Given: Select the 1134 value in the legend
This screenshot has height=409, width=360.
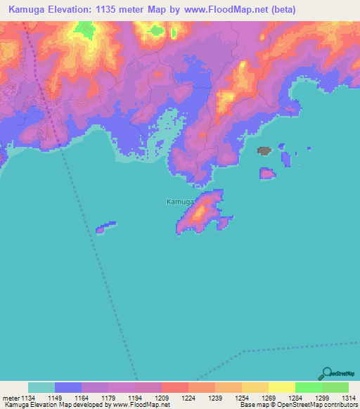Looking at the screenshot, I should click(27, 397).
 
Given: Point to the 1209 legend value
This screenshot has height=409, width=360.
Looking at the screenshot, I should click(162, 397).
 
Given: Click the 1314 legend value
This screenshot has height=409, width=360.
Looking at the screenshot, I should click(348, 397).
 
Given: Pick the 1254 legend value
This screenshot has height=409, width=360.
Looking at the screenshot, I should click(241, 397).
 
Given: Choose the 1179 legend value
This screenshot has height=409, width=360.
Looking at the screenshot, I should click(108, 397).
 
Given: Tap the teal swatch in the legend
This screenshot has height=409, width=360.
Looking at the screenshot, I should click(41, 387).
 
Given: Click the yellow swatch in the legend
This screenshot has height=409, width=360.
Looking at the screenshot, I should click(281, 387).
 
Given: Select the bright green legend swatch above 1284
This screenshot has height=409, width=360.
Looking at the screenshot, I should click(308, 387).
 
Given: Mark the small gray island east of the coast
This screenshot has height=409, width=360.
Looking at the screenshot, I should click(264, 150).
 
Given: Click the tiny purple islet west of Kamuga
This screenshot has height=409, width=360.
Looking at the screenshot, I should click(105, 227).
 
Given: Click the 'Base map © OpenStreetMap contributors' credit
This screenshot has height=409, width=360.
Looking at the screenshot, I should click(296, 405).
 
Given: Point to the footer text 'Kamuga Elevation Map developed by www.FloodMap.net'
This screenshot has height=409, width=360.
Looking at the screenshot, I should click(85, 405).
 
